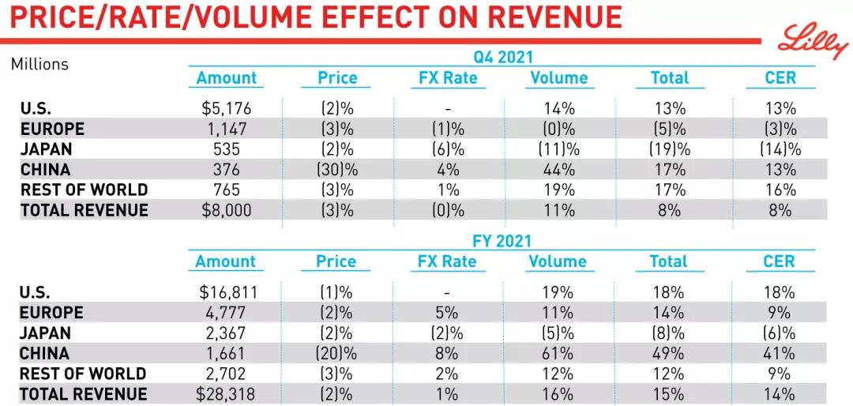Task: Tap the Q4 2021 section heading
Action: coord(502,57)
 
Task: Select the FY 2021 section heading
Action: coord(502,241)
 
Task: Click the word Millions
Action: coord(39,64)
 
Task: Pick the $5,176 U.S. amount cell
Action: coord(227,108)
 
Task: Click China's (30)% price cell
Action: coord(337,169)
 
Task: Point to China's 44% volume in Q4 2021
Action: coord(558,169)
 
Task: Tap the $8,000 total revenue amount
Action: coord(227,209)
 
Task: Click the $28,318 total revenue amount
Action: coord(226,393)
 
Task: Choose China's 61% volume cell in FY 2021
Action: coord(558,353)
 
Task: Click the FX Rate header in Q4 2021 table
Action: coord(448,77)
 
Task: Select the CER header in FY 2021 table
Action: coord(780,261)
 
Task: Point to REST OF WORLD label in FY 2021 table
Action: coord(83,374)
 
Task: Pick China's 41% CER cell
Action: coord(780,353)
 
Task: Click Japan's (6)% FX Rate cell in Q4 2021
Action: coord(448,148)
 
